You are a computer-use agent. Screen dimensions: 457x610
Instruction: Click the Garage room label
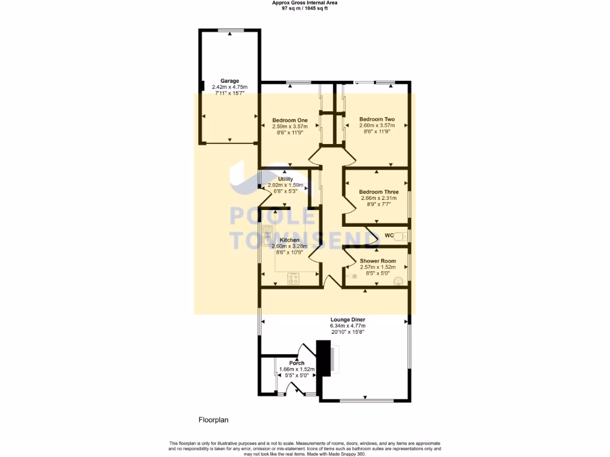[229, 80]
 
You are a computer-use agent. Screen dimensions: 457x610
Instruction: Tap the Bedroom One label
[285, 120]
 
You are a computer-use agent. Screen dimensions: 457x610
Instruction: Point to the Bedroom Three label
[378, 192]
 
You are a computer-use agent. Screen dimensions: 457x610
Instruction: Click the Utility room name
[285, 179]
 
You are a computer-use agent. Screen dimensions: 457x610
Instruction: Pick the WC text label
[389, 236]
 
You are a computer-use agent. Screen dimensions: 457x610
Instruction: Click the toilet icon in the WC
[402, 236]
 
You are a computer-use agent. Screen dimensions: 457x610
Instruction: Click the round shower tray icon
[398, 278]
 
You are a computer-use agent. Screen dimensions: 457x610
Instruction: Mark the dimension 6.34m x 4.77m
[348, 326]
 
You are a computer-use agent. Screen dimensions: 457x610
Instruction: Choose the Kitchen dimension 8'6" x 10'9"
[285, 252]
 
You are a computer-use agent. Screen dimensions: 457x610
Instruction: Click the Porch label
[297, 363]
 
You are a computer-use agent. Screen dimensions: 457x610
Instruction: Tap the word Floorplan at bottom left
[213, 420]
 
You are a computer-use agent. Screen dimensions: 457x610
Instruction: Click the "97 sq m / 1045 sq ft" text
[309, 8]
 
